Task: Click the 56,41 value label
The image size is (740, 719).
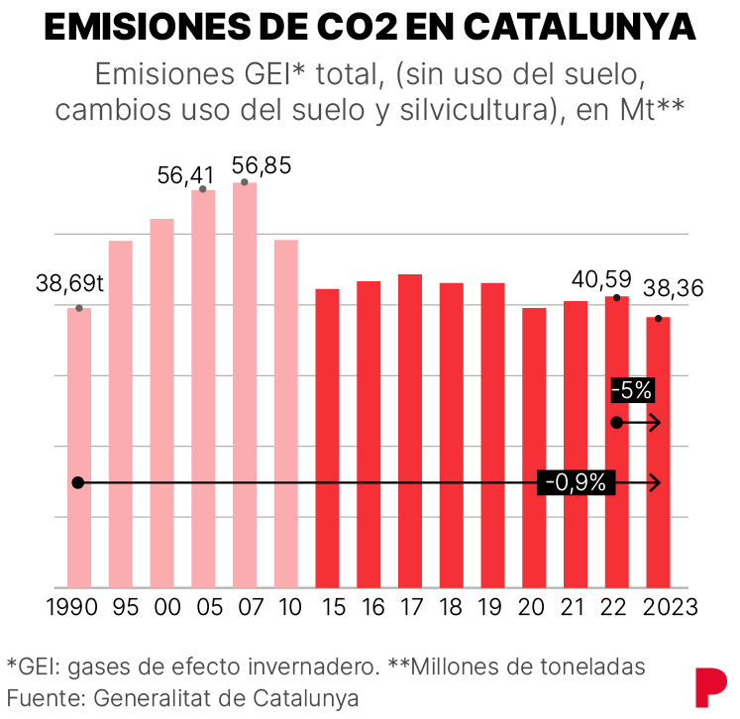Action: coord(185,175)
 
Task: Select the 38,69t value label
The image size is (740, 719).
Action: coord(70,284)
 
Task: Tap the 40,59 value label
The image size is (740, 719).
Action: coord(601,278)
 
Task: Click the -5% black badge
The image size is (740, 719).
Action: coord(632,390)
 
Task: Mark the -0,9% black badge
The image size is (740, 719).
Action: coord(578,482)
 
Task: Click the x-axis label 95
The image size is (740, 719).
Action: coord(121,605)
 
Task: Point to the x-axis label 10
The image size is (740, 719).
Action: coord(286,605)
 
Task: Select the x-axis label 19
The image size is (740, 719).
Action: coord(492,605)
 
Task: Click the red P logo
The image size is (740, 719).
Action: coord(709,687)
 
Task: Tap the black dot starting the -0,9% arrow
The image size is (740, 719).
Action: coord(79,482)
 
